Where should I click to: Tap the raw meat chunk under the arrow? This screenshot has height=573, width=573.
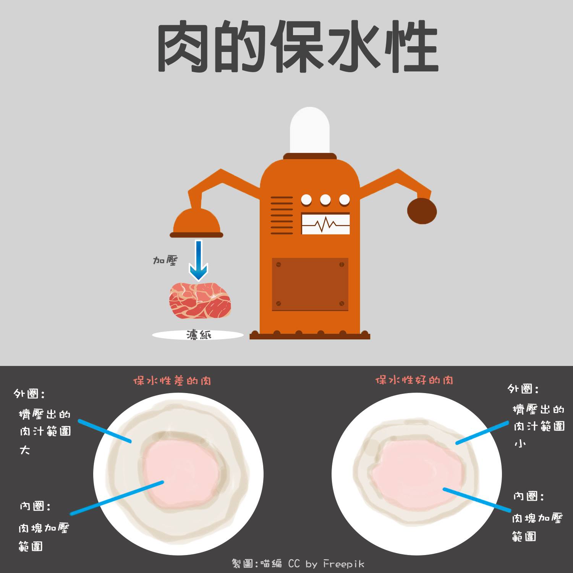pos(200,301)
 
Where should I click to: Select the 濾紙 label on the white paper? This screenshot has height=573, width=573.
pos(199,335)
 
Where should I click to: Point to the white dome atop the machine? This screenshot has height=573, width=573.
pos(309,130)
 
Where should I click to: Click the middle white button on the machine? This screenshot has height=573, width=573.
pos(325,200)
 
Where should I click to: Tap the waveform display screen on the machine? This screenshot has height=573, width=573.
pos(325,224)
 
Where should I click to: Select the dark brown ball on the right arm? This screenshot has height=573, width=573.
pos(422,211)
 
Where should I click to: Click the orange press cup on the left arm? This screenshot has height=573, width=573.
pos(196,223)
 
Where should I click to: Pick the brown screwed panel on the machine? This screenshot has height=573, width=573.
pos(310,284)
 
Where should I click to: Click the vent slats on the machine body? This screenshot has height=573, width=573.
pos(282,215)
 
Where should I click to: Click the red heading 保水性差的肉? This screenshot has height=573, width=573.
pos(172,381)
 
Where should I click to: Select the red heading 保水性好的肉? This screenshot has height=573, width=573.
pos(414,380)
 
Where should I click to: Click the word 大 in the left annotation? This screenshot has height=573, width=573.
pos(25,450)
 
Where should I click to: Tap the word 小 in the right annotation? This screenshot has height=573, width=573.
pos(520,444)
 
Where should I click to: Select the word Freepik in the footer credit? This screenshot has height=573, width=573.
pos(344,564)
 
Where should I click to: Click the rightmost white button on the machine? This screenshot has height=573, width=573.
pos(344,200)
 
